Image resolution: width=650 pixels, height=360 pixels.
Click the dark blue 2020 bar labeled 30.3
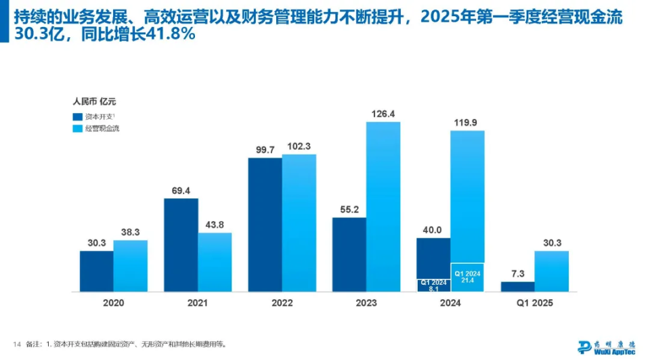click(x=97, y=271)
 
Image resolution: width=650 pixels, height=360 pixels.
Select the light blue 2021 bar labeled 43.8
click(x=215, y=262)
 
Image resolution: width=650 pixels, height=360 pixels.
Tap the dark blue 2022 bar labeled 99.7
click(x=265, y=224)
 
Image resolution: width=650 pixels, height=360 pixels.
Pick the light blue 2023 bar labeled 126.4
click(x=383, y=206)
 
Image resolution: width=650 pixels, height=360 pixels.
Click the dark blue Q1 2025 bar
click(x=517, y=286)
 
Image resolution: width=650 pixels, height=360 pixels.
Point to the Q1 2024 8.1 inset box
click(x=433, y=285)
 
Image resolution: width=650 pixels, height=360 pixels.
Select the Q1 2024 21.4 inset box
click(x=467, y=277)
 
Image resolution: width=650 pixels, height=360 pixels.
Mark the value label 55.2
click(x=349, y=210)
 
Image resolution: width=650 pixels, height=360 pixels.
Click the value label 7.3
click(x=517, y=273)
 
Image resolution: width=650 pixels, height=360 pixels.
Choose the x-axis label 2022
click(x=282, y=303)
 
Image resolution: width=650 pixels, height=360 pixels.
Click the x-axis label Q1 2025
click(x=534, y=303)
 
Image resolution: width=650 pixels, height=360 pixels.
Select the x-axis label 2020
click(x=114, y=303)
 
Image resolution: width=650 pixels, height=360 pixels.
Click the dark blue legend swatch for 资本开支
click(x=77, y=116)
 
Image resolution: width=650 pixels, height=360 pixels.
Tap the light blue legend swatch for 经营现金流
click(x=77, y=128)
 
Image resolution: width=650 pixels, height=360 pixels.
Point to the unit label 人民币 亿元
click(x=94, y=102)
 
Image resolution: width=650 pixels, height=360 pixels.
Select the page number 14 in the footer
click(x=17, y=344)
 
